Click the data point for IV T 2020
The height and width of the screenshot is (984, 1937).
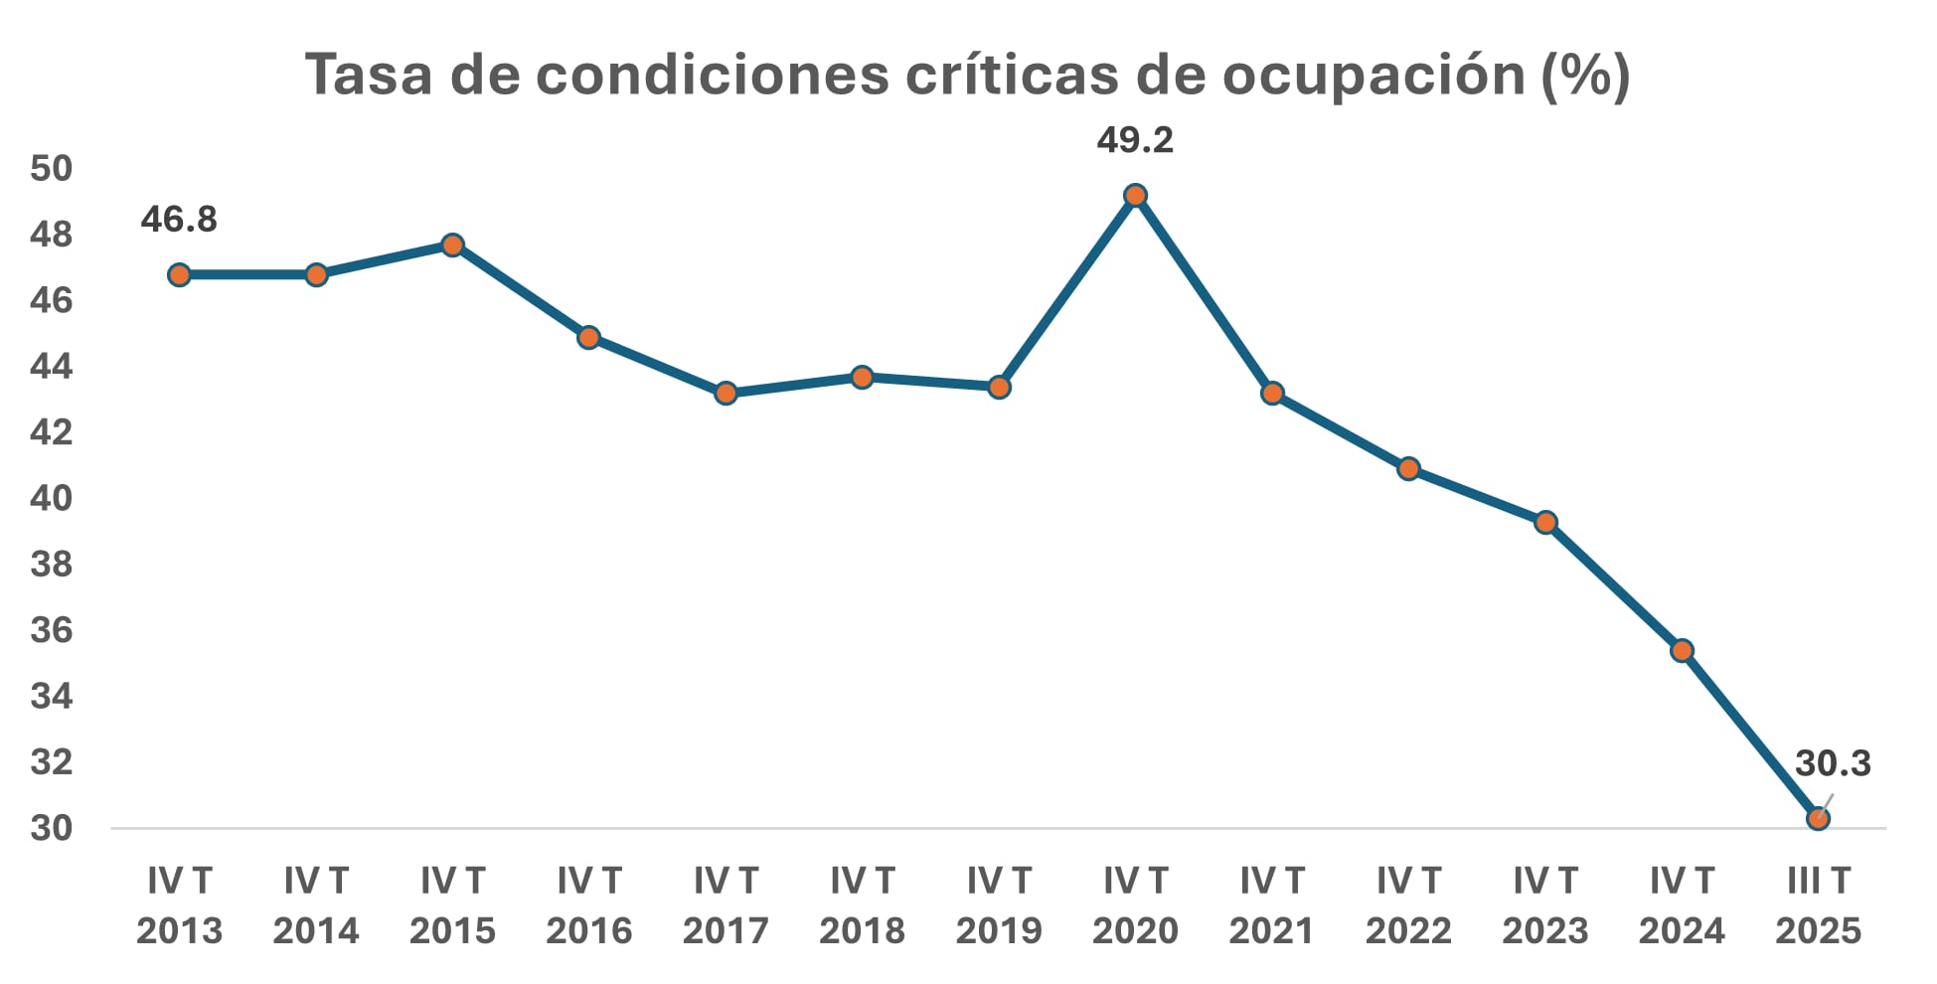pyautogui.click(x=1135, y=196)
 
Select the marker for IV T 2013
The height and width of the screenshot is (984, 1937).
pyautogui.click(x=179, y=274)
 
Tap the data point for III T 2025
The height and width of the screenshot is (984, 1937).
pyautogui.click(x=1818, y=818)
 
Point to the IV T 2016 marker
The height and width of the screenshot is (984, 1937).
pyautogui.click(x=588, y=337)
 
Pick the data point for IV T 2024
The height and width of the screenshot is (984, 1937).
pyautogui.click(x=1682, y=651)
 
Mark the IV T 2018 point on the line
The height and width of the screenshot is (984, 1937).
pyautogui.click(x=862, y=377)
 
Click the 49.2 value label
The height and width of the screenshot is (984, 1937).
pyautogui.click(x=1135, y=140)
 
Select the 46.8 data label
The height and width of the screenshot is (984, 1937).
pyautogui.click(x=179, y=219)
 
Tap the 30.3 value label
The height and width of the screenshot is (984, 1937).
pyautogui.click(x=1832, y=763)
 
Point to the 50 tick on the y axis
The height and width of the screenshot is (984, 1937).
pyautogui.click(x=52, y=168)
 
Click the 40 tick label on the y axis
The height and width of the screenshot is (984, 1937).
pyautogui.click(x=52, y=498)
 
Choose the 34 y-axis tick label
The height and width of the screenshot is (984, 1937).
pyautogui.click(x=52, y=696)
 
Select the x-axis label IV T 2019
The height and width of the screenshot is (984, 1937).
pyautogui.click(x=999, y=905)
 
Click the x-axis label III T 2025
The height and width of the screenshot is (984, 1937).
pyautogui.click(x=1818, y=905)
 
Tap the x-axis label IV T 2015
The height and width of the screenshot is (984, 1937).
pyautogui.click(x=452, y=905)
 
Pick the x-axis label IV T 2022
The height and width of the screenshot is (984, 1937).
pyautogui.click(x=1408, y=905)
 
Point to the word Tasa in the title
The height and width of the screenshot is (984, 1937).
pyautogui.click(x=368, y=75)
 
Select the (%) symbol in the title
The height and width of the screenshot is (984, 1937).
pyautogui.click(x=1585, y=75)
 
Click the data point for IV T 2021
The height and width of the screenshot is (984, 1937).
pyautogui.click(x=1272, y=394)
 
